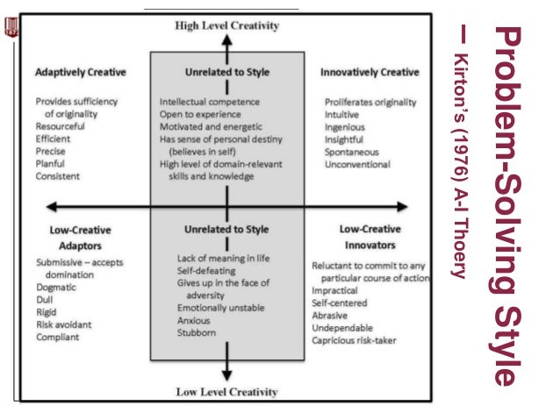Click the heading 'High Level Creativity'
click(226, 25)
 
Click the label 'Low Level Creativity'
click(226, 391)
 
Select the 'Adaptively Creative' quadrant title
click(80, 72)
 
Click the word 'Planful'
click(51, 163)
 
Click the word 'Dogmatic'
click(57, 287)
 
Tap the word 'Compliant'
click(59, 336)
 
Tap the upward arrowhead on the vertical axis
click(226, 39)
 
